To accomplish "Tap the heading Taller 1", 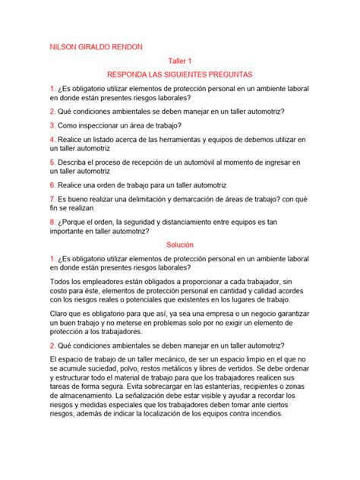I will (x=180, y=61).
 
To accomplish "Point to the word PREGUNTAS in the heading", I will (x=225, y=75).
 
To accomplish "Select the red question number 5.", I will (x=52, y=162).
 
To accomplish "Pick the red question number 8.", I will (x=52, y=222).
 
